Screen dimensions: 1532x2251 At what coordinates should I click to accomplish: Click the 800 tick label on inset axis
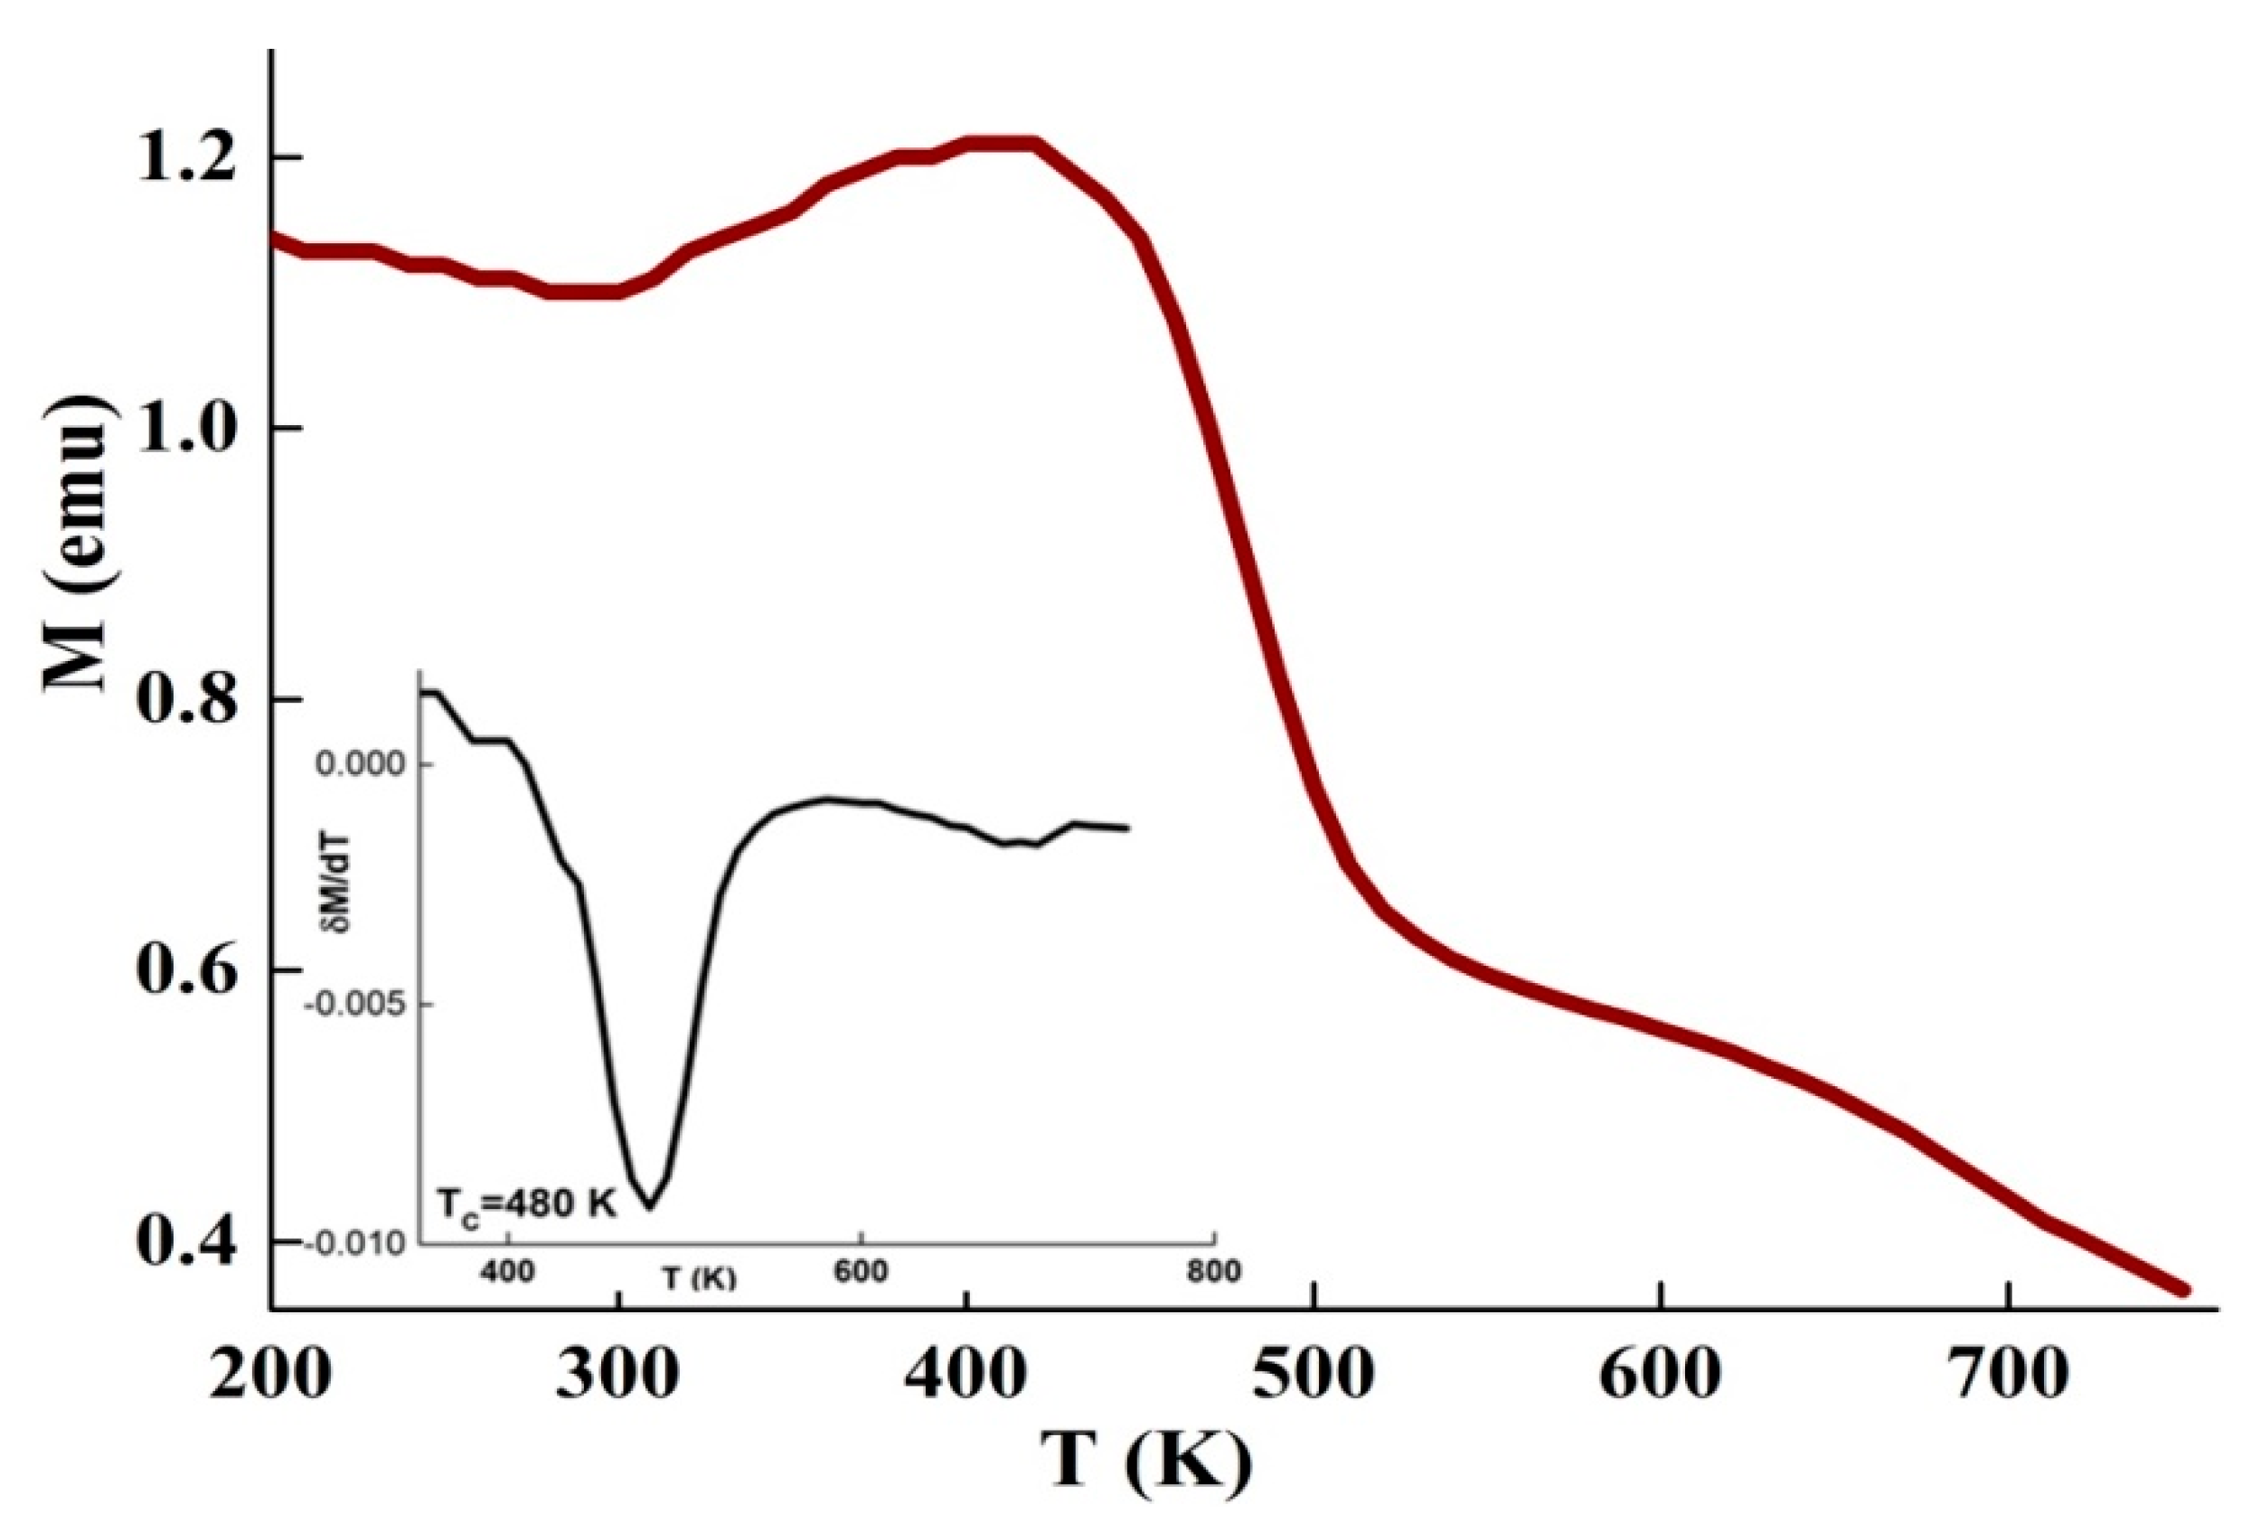1213,1272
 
